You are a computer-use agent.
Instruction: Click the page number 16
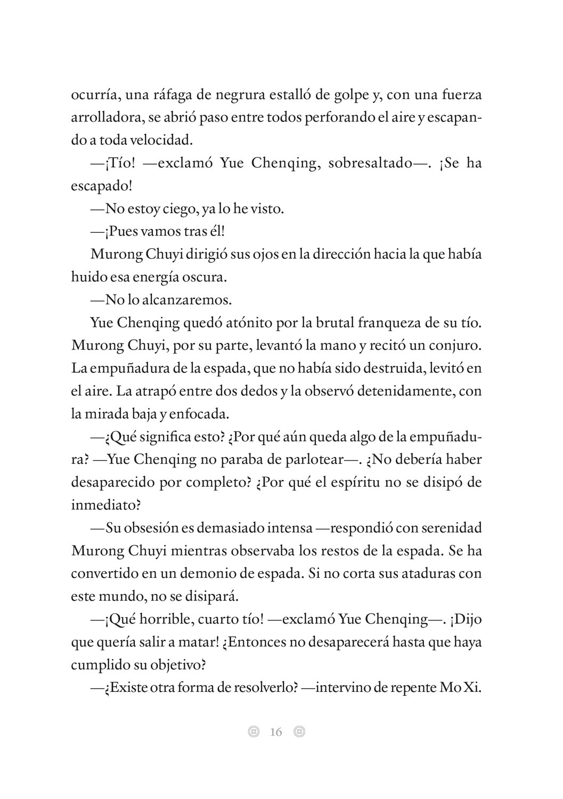point(276,732)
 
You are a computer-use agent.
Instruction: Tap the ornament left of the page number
point(254,732)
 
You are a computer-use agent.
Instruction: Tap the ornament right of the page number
point(299,732)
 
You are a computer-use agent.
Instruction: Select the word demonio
point(244,574)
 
